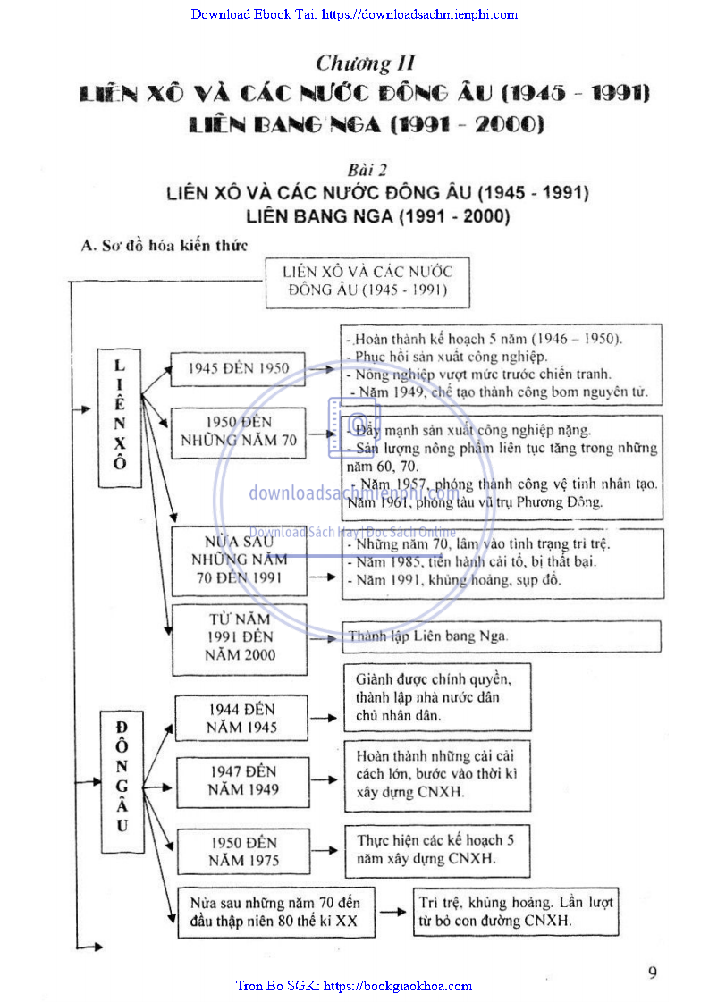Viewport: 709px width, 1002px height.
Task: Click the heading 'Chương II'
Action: point(366,63)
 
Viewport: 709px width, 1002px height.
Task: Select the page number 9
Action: point(653,973)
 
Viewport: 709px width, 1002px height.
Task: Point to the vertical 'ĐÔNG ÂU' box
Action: point(121,776)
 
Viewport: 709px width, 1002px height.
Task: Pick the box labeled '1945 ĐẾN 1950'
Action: point(238,368)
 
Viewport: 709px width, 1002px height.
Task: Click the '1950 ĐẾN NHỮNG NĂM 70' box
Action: point(238,431)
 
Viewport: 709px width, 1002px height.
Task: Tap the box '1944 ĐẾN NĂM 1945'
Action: point(242,718)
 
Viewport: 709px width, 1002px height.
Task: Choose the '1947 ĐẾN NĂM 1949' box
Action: point(243,780)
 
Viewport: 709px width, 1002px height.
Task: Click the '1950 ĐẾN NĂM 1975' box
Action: point(244,851)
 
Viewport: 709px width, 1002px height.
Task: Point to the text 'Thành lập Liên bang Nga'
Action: point(427,636)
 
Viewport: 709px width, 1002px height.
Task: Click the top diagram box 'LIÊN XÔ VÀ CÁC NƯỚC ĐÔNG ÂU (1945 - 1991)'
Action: point(367,281)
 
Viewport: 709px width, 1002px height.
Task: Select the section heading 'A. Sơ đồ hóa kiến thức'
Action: point(164,244)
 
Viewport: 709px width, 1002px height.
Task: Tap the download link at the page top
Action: point(354,14)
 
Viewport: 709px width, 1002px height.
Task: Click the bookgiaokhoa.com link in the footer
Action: point(354,986)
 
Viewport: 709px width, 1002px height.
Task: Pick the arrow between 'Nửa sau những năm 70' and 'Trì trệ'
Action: point(392,912)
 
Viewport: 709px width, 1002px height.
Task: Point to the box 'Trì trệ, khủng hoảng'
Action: point(516,912)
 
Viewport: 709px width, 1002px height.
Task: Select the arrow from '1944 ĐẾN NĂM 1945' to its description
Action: point(323,718)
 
